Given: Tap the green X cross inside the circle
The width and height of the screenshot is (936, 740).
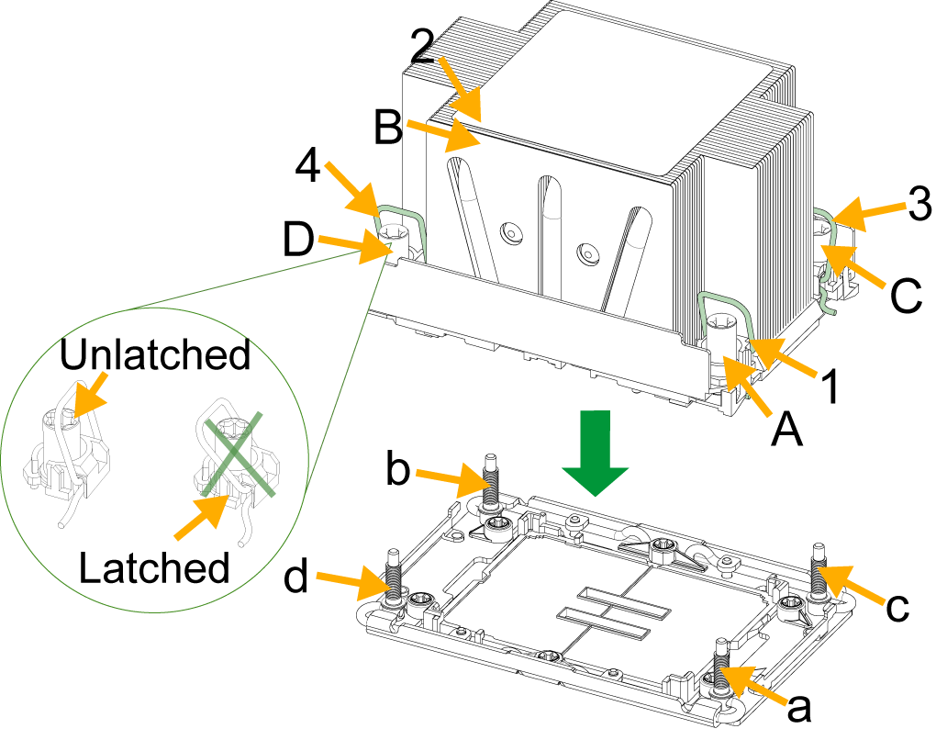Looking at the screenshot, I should click(x=238, y=454).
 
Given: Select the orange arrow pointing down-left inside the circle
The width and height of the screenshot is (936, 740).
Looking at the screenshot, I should click(x=90, y=395).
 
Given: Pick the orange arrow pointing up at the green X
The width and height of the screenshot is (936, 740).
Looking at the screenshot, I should click(x=202, y=517).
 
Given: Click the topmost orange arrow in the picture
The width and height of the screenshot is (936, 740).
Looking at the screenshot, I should click(x=461, y=90).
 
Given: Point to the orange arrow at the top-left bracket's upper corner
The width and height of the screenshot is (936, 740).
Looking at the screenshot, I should click(x=351, y=187).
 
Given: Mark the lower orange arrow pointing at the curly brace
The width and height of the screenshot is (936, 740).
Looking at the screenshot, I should click(x=852, y=265).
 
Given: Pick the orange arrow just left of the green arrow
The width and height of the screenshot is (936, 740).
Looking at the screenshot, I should click(x=454, y=479).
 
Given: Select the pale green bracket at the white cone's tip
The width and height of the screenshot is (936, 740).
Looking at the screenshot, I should click(x=408, y=229).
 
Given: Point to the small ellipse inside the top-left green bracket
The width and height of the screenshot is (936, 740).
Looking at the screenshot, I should click(x=395, y=230).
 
